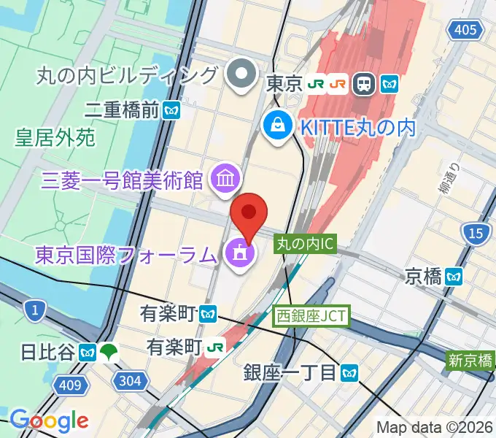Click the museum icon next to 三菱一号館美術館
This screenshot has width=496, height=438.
(223, 177)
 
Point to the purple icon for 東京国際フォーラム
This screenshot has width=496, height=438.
(238, 254)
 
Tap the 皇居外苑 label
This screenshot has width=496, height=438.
(55, 137)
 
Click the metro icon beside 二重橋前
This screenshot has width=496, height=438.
(172, 110)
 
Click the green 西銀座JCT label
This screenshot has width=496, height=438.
(312, 316)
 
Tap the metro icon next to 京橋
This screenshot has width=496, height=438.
(455, 276)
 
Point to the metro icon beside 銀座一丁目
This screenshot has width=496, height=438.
(351, 373)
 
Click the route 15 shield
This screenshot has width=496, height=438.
(475, 234)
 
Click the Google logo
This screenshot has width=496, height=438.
(49, 420)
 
